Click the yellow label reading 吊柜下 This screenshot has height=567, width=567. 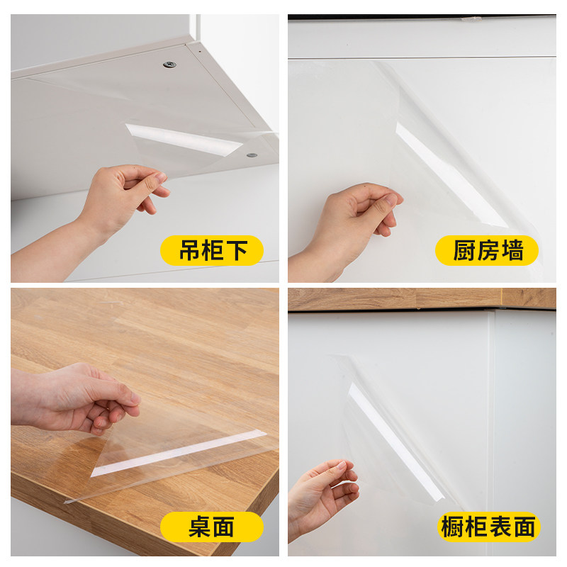(x=211, y=251)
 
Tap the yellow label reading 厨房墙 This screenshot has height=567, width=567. (x=487, y=251)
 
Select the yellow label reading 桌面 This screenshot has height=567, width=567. (x=211, y=527)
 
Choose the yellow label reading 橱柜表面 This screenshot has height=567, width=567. (x=488, y=527)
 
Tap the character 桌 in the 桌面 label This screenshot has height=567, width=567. (x=200, y=527)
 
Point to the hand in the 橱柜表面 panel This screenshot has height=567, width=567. (x=322, y=493)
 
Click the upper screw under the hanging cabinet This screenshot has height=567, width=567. (x=169, y=64)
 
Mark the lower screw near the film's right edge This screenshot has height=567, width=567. (x=252, y=154)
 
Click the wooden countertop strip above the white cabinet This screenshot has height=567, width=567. (x=422, y=298)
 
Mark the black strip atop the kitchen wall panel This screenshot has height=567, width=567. (x=422, y=17)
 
